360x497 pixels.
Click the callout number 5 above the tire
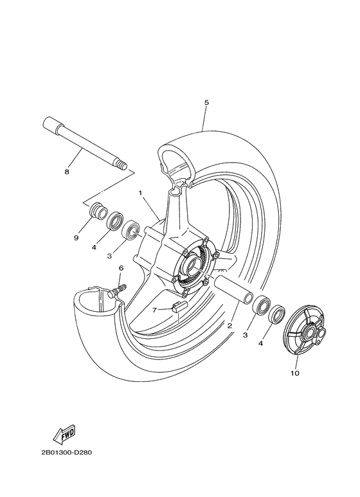[206, 102]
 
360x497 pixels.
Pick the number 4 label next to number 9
[94, 247]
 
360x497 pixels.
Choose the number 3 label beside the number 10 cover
[246, 335]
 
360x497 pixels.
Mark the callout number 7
[155, 310]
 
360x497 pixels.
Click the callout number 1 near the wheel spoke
[139, 192]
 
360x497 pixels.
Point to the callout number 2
[230, 326]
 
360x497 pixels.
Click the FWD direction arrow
[67, 437]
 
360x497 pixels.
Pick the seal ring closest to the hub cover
[277, 314]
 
